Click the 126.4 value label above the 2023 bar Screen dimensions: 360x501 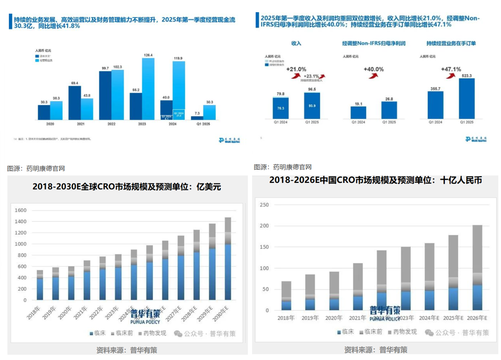[x=148, y=55]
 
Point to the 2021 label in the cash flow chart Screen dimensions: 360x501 [x=74, y=123]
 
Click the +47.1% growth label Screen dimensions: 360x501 [x=451, y=69]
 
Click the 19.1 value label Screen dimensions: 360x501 [x=358, y=103]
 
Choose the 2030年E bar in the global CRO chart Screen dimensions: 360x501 [x=227, y=258]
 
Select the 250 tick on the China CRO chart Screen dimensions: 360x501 [x=263, y=205]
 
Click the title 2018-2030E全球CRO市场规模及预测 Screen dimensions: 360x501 [x=126, y=187]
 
